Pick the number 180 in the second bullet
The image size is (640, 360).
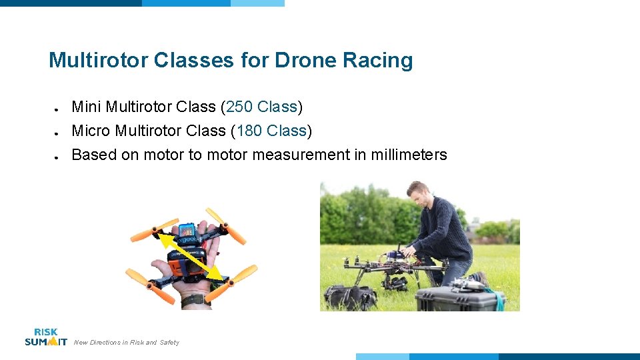pyautogui.click(x=249, y=131)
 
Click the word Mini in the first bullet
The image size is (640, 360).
pyautogui.click(x=86, y=107)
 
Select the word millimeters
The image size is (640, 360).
pyautogui.click(x=409, y=155)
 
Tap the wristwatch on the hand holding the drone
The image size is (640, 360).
pyautogui.click(x=195, y=300)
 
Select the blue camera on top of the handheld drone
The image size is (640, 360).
pyautogui.click(x=187, y=230)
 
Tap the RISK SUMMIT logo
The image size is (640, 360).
pyautogui.click(x=46, y=337)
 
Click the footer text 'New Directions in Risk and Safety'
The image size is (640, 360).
pyautogui.click(x=127, y=343)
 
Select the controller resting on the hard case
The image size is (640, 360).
pyautogui.click(x=467, y=285)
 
